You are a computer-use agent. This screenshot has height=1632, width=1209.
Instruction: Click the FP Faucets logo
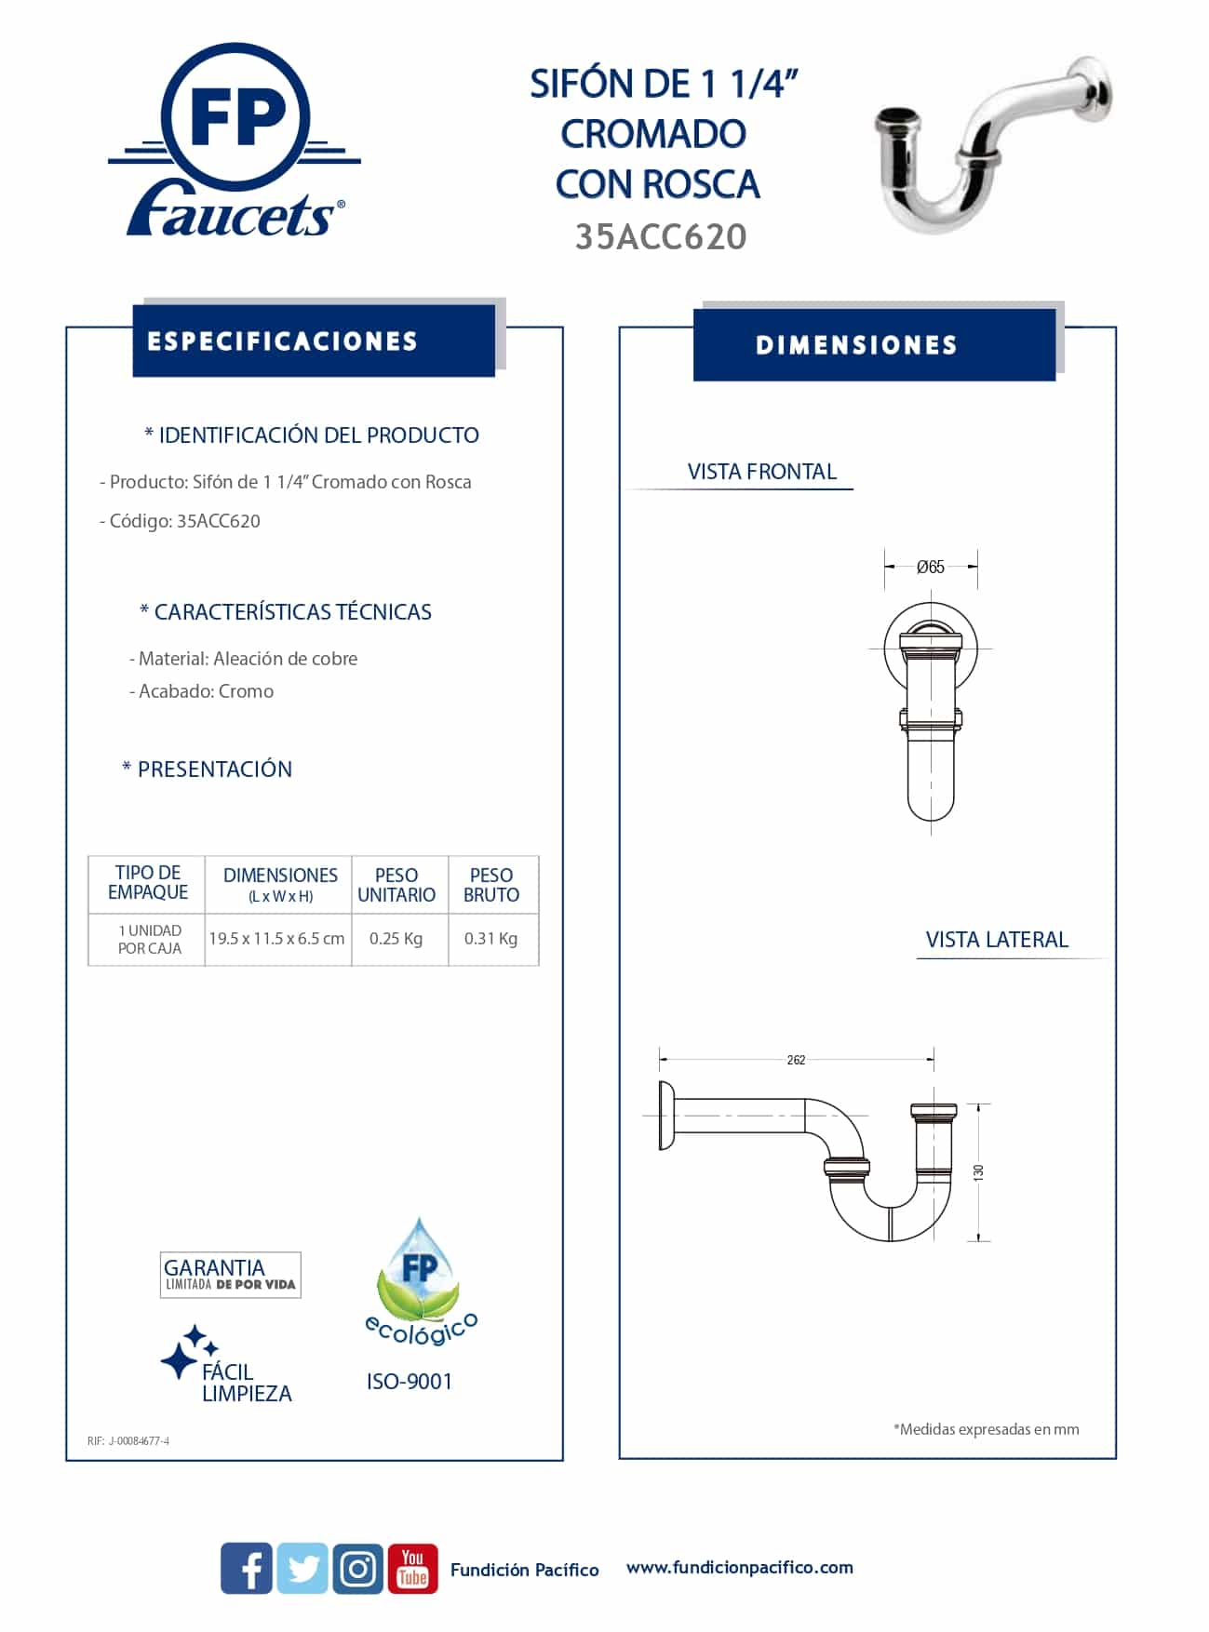tap(235, 141)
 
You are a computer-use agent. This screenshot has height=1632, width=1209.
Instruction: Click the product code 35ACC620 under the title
tap(661, 237)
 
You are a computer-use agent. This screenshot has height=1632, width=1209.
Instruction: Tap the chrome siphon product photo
tap(991, 144)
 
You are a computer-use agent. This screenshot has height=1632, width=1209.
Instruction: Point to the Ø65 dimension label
tap(930, 567)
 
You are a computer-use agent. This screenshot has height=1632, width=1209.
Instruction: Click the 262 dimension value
tap(796, 1060)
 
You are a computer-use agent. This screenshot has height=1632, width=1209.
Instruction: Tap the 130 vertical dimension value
tap(978, 1172)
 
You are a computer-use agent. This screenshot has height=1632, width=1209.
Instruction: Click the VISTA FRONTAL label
tap(762, 472)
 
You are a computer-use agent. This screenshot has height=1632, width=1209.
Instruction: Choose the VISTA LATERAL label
tap(997, 940)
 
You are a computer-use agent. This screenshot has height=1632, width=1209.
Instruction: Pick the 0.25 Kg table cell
tap(396, 938)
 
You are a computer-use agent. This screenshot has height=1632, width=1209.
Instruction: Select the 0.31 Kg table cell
tap(490, 938)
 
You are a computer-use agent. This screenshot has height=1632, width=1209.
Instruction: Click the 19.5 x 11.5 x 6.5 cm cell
tap(276, 938)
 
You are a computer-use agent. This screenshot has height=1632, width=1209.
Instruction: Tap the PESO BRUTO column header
tap(491, 885)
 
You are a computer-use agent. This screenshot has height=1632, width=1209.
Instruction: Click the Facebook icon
tap(247, 1568)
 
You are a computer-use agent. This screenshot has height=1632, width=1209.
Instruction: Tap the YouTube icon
tap(412, 1568)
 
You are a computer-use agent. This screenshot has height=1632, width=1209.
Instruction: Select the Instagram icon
tap(358, 1568)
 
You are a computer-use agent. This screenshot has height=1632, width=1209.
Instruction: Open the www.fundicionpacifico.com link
tap(739, 1567)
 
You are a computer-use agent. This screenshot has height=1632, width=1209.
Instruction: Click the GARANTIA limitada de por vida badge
tap(230, 1275)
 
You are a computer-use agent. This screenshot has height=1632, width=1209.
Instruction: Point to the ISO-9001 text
tap(410, 1382)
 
